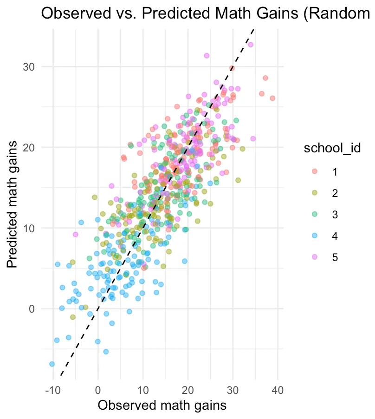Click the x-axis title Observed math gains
162,405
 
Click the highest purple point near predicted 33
251,45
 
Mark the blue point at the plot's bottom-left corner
52,364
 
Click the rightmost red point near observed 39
272,98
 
